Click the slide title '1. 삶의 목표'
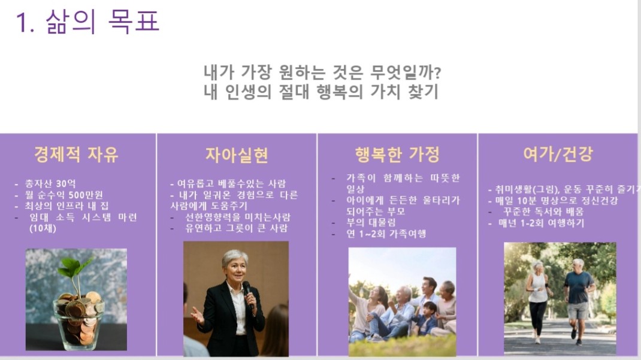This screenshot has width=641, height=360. (x=87, y=21)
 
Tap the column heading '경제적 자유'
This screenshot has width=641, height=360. (x=77, y=155)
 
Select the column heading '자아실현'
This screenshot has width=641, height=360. (x=237, y=155)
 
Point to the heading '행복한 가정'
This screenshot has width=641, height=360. (x=397, y=155)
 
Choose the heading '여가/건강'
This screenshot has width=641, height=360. (x=558, y=154)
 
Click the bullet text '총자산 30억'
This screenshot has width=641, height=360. (x=50, y=183)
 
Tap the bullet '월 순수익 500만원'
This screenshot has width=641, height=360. (x=64, y=195)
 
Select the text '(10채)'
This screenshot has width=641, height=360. (x=43, y=228)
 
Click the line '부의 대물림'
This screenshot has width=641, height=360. (x=371, y=223)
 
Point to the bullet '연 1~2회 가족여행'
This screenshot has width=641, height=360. (x=386, y=234)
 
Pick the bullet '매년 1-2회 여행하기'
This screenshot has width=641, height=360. (x=541, y=223)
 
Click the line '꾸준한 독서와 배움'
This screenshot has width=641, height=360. (x=543, y=211)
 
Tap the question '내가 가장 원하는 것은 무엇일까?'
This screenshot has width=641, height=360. (x=322, y=72)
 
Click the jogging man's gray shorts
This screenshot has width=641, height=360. (x=577, y=310)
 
